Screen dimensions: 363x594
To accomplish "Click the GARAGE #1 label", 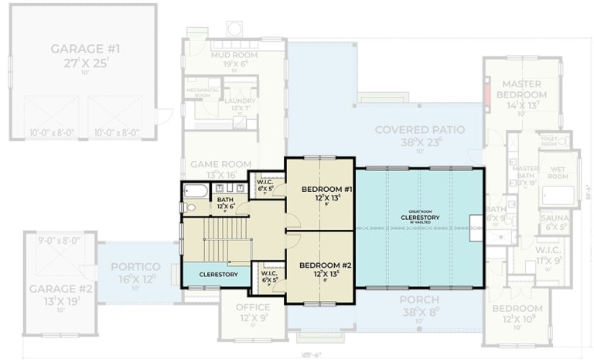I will click(x=85, y=50).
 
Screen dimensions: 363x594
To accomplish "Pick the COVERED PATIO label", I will click(x=419, y=129).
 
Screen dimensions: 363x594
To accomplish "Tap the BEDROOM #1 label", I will click(x=326, y=190).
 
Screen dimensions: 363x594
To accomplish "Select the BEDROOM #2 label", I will click(x=326, y=265).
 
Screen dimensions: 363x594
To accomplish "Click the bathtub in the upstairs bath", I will click(x=196, y=190).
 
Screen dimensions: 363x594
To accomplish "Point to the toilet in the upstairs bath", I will click(x=189, y=207).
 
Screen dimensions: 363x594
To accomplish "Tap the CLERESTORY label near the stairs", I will click(x=217, y=274).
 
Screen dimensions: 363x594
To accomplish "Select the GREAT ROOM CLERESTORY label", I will click(x=420, y=217).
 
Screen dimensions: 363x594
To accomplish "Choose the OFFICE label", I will click(x=252, y=307).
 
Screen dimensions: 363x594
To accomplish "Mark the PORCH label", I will click(x=419, y=300).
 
